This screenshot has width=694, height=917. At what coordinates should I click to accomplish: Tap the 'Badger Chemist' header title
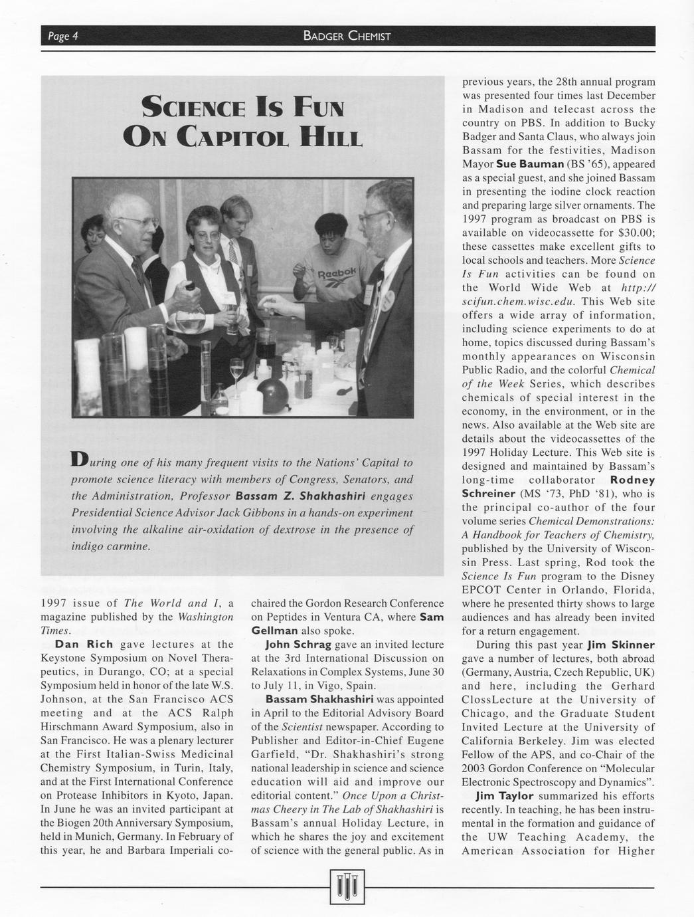point(347,36)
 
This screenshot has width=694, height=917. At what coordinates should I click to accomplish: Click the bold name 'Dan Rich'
point(84,644)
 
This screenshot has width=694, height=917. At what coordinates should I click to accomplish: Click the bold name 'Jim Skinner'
point(621,645)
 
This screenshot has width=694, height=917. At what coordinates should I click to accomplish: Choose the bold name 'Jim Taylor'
point(505,796)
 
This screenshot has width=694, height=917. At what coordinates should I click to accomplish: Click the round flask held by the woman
point(189,322)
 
